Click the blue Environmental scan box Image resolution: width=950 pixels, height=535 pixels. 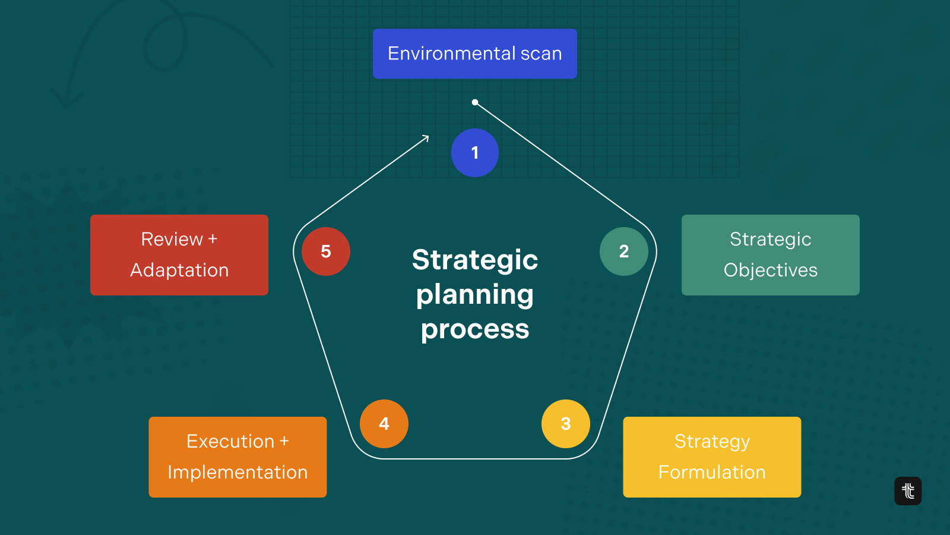(475, 53)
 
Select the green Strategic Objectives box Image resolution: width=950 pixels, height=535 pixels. (771, 255)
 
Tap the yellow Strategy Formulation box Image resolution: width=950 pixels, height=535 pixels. (712, 457)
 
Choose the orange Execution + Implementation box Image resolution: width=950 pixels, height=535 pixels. (237, 457)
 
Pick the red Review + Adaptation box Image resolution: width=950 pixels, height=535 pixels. (179, 255)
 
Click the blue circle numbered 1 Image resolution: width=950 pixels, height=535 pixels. (475, 153)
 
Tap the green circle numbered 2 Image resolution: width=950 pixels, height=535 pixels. (624, 251)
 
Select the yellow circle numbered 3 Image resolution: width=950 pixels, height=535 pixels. (566, 424)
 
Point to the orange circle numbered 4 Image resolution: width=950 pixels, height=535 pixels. (384, 424)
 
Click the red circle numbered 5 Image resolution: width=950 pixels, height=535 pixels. (326, 251)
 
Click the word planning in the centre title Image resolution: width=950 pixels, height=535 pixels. (475, 295)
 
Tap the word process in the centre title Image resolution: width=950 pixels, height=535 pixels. (475, 330)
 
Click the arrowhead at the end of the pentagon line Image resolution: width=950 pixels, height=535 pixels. (426, 138)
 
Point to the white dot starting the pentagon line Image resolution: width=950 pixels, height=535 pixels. (475, 102)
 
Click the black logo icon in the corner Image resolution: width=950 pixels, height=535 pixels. (908, 491)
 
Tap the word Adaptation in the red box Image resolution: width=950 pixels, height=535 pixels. (179, 270)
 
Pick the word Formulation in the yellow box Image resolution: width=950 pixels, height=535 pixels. (712, 472)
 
